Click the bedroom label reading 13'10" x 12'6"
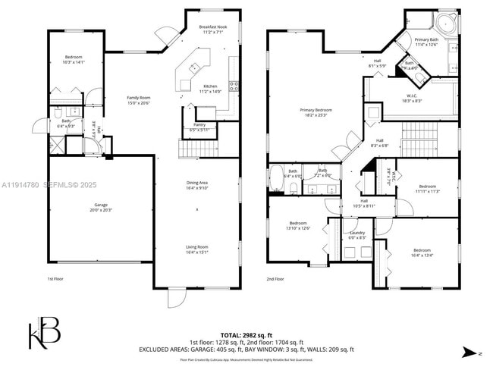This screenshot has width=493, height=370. [297, 224]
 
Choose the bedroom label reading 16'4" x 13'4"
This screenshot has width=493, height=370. [422, 252]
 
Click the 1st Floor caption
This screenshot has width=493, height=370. [56, 279]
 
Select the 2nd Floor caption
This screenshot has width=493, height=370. [276, 279]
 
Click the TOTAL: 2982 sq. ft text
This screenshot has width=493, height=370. [246, 334]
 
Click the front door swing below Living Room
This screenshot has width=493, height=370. [175, 299]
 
